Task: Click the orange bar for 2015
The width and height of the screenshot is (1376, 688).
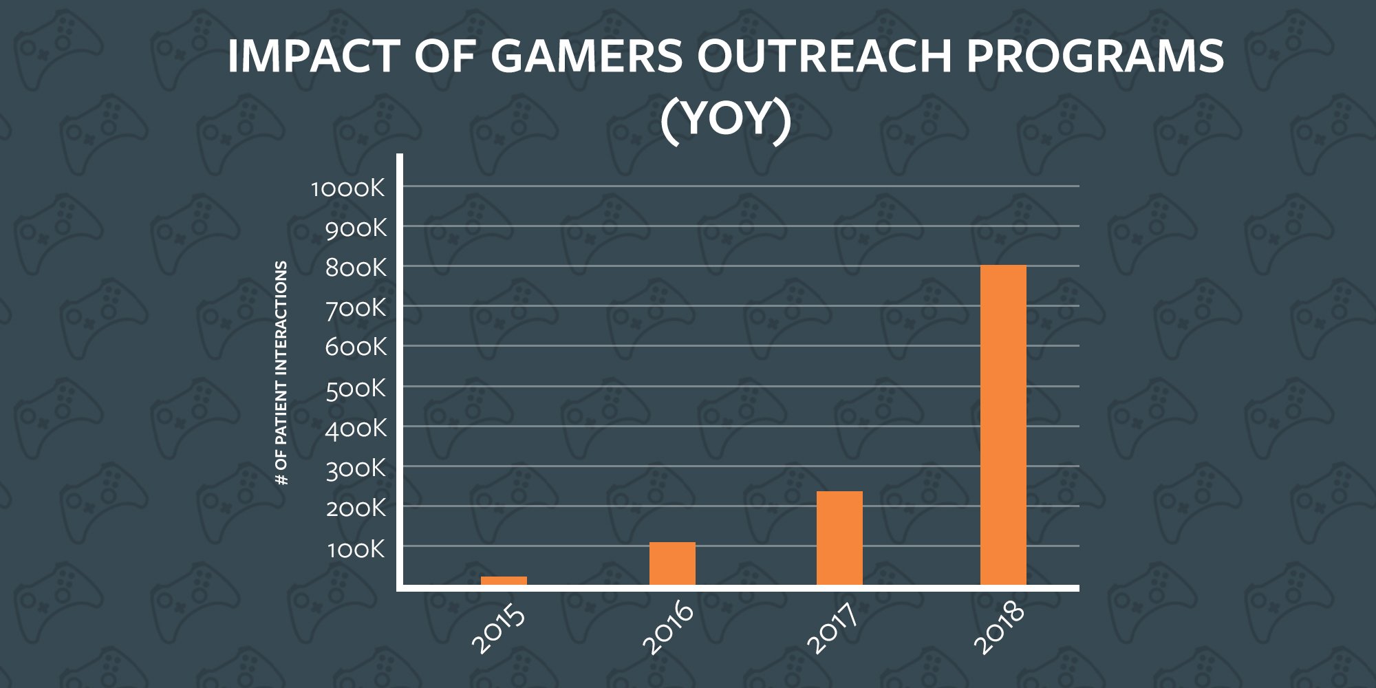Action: (504, 581)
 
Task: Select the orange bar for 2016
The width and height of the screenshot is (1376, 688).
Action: (672, 563)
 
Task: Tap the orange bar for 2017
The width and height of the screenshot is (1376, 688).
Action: (839, 538)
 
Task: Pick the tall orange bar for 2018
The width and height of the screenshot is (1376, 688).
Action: (1003, 425)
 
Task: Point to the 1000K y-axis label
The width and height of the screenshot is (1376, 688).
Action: (348, 188)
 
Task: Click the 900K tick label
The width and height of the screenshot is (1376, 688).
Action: (356, 228)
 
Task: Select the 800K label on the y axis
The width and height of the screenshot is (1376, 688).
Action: (356, 268)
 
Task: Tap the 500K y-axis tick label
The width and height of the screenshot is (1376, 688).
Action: (356, 389)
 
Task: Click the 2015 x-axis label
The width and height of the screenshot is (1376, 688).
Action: (499, 627)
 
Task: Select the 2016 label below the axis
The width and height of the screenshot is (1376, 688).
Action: (668, 627)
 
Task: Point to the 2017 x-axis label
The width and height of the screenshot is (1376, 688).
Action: (833, 627)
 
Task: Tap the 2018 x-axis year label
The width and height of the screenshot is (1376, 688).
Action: (1000, 627)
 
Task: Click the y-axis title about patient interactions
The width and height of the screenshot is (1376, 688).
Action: (281, 373)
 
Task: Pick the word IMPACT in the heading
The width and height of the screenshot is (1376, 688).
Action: (314, 56)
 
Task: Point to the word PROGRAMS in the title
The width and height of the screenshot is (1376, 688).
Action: (1095, 56)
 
